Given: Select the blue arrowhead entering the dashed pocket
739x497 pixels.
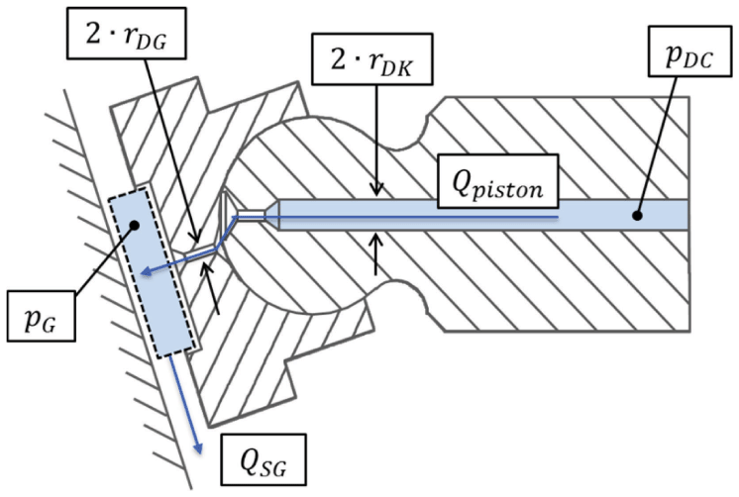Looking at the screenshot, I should pyautogui.click(x=145, y=277).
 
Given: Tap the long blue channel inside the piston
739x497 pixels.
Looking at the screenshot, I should pyautogui.click(x=475, y=215).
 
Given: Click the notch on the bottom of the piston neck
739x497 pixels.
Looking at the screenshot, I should pyautogui.click(x=407, y=293).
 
